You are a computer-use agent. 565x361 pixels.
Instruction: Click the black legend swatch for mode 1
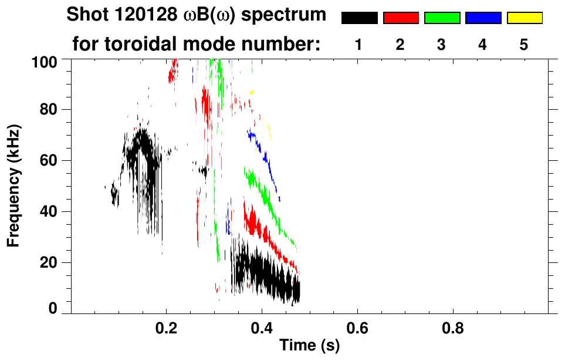click(x=359, y=18)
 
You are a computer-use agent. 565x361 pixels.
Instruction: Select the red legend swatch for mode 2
click(x=401, y=18)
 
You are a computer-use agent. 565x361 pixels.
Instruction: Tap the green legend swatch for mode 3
click(x=442, y=18)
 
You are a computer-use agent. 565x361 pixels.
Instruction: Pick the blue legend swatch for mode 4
click(x=483, y=18)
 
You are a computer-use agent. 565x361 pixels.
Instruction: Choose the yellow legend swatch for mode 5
click(x=525, y=18)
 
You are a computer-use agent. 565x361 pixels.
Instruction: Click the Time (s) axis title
click(x=309, y=346)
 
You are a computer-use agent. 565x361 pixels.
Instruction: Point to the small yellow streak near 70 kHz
click(x=269, y=132)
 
